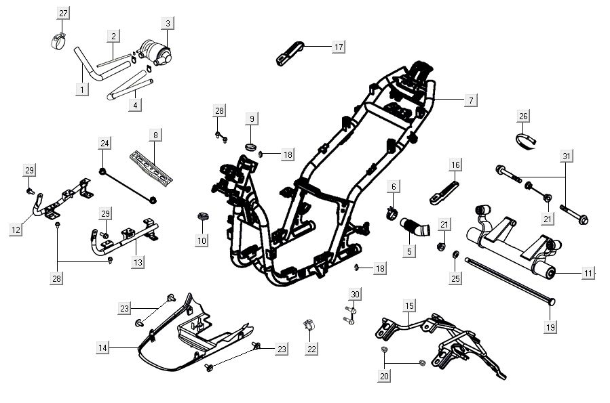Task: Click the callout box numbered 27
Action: (x=63, y=14)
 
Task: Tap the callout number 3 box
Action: (x=168, y=24)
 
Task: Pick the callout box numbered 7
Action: (x=470, y=100)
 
